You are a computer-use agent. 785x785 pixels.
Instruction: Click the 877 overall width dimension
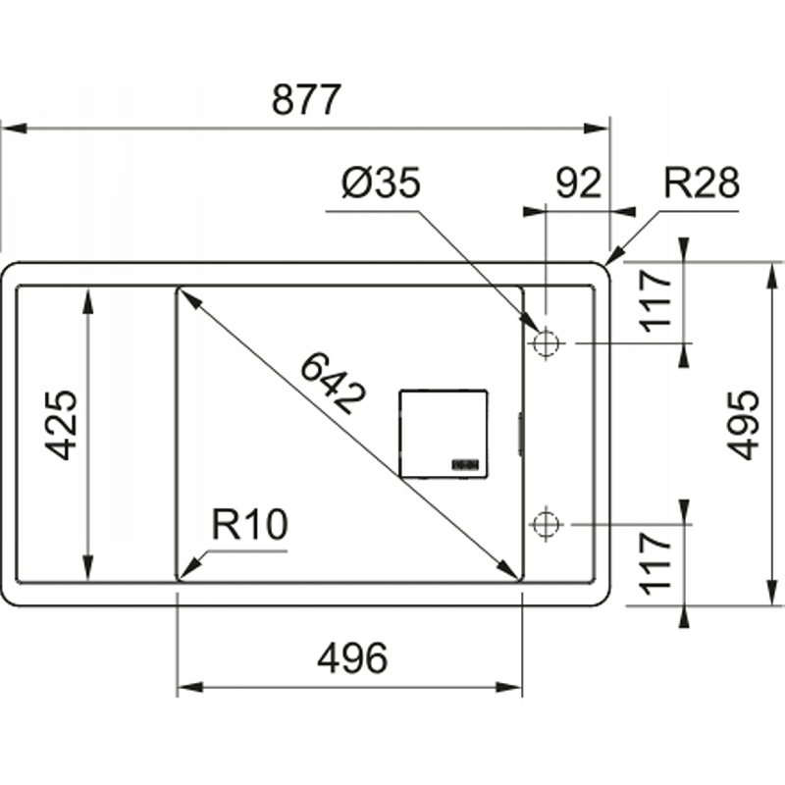[x=306, y=100]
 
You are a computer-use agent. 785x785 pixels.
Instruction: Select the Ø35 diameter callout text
[x=381, y=183]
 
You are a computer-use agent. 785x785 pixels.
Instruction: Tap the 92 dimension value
[x=578, y=183]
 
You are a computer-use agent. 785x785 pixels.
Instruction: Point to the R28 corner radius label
[x=701, y=183]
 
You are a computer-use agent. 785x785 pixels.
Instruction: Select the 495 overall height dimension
[x=744, y=425]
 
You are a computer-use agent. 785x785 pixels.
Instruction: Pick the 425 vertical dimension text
[x=62, y=425]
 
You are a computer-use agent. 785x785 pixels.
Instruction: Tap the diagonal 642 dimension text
[x=333, y=384]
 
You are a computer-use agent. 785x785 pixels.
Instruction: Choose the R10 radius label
[x=250, y=524]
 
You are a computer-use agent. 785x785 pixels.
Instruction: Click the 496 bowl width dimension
[x=352, y=657]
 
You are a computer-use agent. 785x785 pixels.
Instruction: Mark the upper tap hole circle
[x=546, y=343]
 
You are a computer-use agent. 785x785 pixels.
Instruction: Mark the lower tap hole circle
[x=546, y=524]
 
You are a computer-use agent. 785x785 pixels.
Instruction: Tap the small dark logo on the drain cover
[x=465, y=464]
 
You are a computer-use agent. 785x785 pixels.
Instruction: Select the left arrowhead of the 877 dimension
[x=14, y=129]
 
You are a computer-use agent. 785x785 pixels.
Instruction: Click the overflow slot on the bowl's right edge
[x=521, y=434]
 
